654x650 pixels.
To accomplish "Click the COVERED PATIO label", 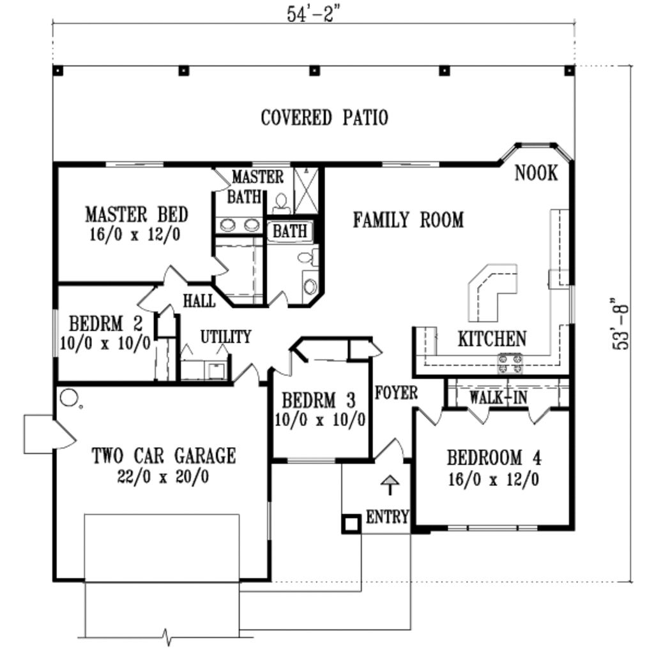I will click(324, 118).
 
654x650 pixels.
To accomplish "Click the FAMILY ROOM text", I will click(408, 220).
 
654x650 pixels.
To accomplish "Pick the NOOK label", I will click(536, 173).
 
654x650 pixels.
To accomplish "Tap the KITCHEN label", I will click(492, 339).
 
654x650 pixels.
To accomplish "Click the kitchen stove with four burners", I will click(510, 363).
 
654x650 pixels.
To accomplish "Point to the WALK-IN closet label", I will click(498, 397).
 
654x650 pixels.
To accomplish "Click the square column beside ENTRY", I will click(350, 523).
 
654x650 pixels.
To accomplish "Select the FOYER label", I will click(396, 392).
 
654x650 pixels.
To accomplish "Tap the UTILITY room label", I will click(226, 336).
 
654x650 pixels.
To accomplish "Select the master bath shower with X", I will click(305, 191).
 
